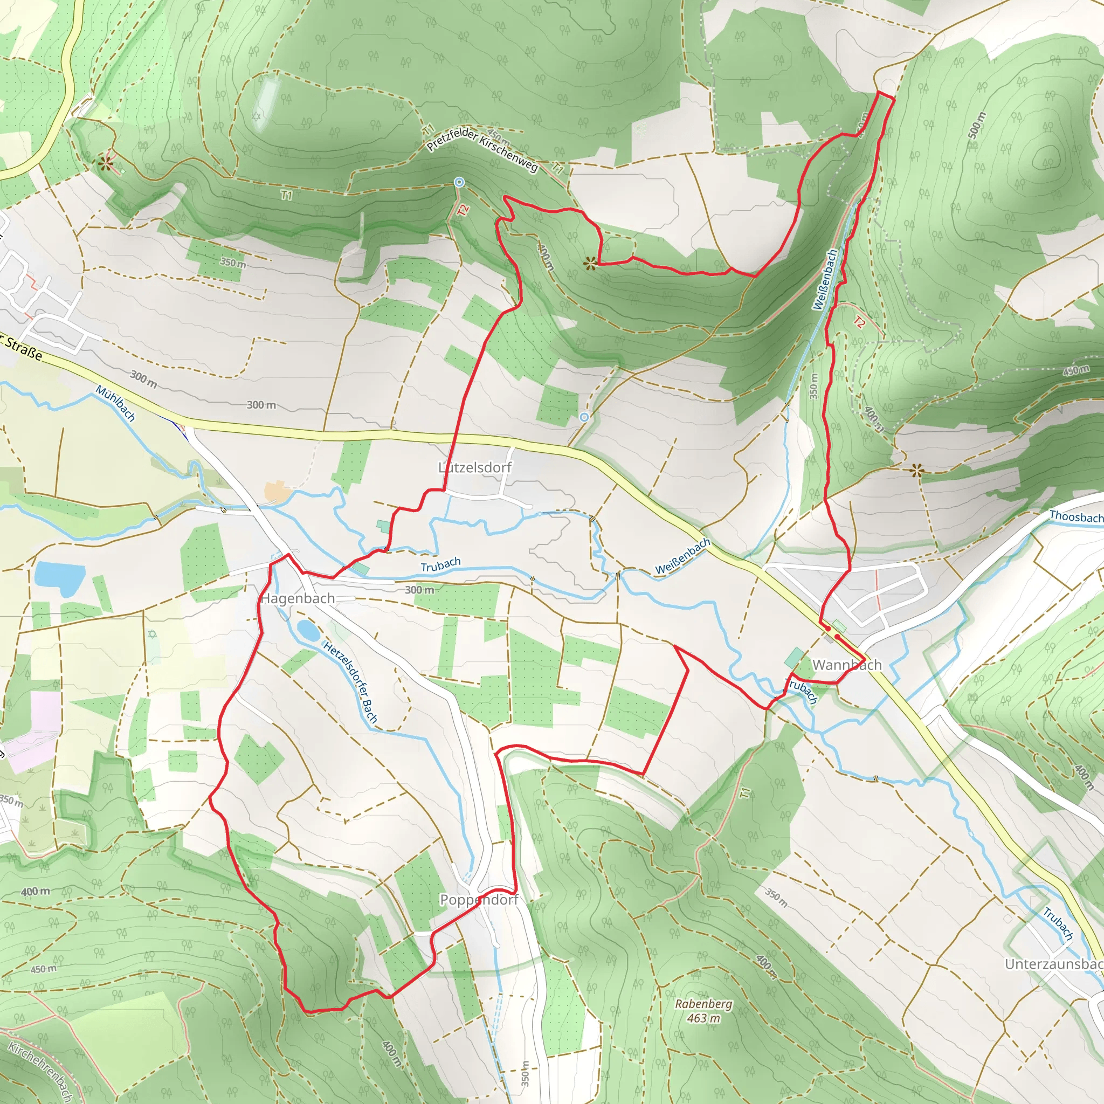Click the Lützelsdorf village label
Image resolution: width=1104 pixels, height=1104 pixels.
point(475,467)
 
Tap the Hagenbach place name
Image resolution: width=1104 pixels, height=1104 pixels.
point(298,598)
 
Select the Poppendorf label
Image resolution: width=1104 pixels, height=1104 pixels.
point(479,900)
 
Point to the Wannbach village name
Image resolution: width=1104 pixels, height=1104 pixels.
point(847,665)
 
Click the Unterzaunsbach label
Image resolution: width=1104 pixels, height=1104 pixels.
point(1054,964)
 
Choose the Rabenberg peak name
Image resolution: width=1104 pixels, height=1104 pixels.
point(703,1004)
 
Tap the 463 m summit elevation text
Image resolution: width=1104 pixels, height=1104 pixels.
point(703,1018)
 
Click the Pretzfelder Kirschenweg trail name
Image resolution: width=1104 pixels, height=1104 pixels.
point(482,146)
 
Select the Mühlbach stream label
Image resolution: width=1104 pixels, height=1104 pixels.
point(115,403)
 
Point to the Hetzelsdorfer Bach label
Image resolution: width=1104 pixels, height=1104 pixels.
point(351,682)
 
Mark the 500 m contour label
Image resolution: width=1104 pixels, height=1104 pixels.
point(977,125)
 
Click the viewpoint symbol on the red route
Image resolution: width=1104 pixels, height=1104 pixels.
point(590,263)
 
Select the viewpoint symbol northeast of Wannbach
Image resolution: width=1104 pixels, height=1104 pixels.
point(916,470)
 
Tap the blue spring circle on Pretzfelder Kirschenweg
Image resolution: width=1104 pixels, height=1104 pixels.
point(459,182)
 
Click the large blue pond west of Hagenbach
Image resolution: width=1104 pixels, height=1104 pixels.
point(59,578)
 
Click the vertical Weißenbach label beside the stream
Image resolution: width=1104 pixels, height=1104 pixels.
point(825,279)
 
